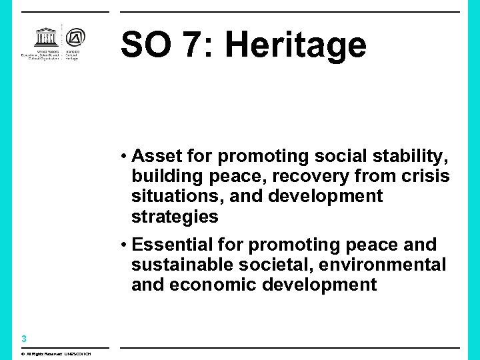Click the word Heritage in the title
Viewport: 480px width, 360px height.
[295, 45]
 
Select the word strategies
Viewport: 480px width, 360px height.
[175, 216]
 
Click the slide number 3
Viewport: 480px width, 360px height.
[23, 339]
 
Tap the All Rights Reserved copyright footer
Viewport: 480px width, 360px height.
[55, 353]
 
